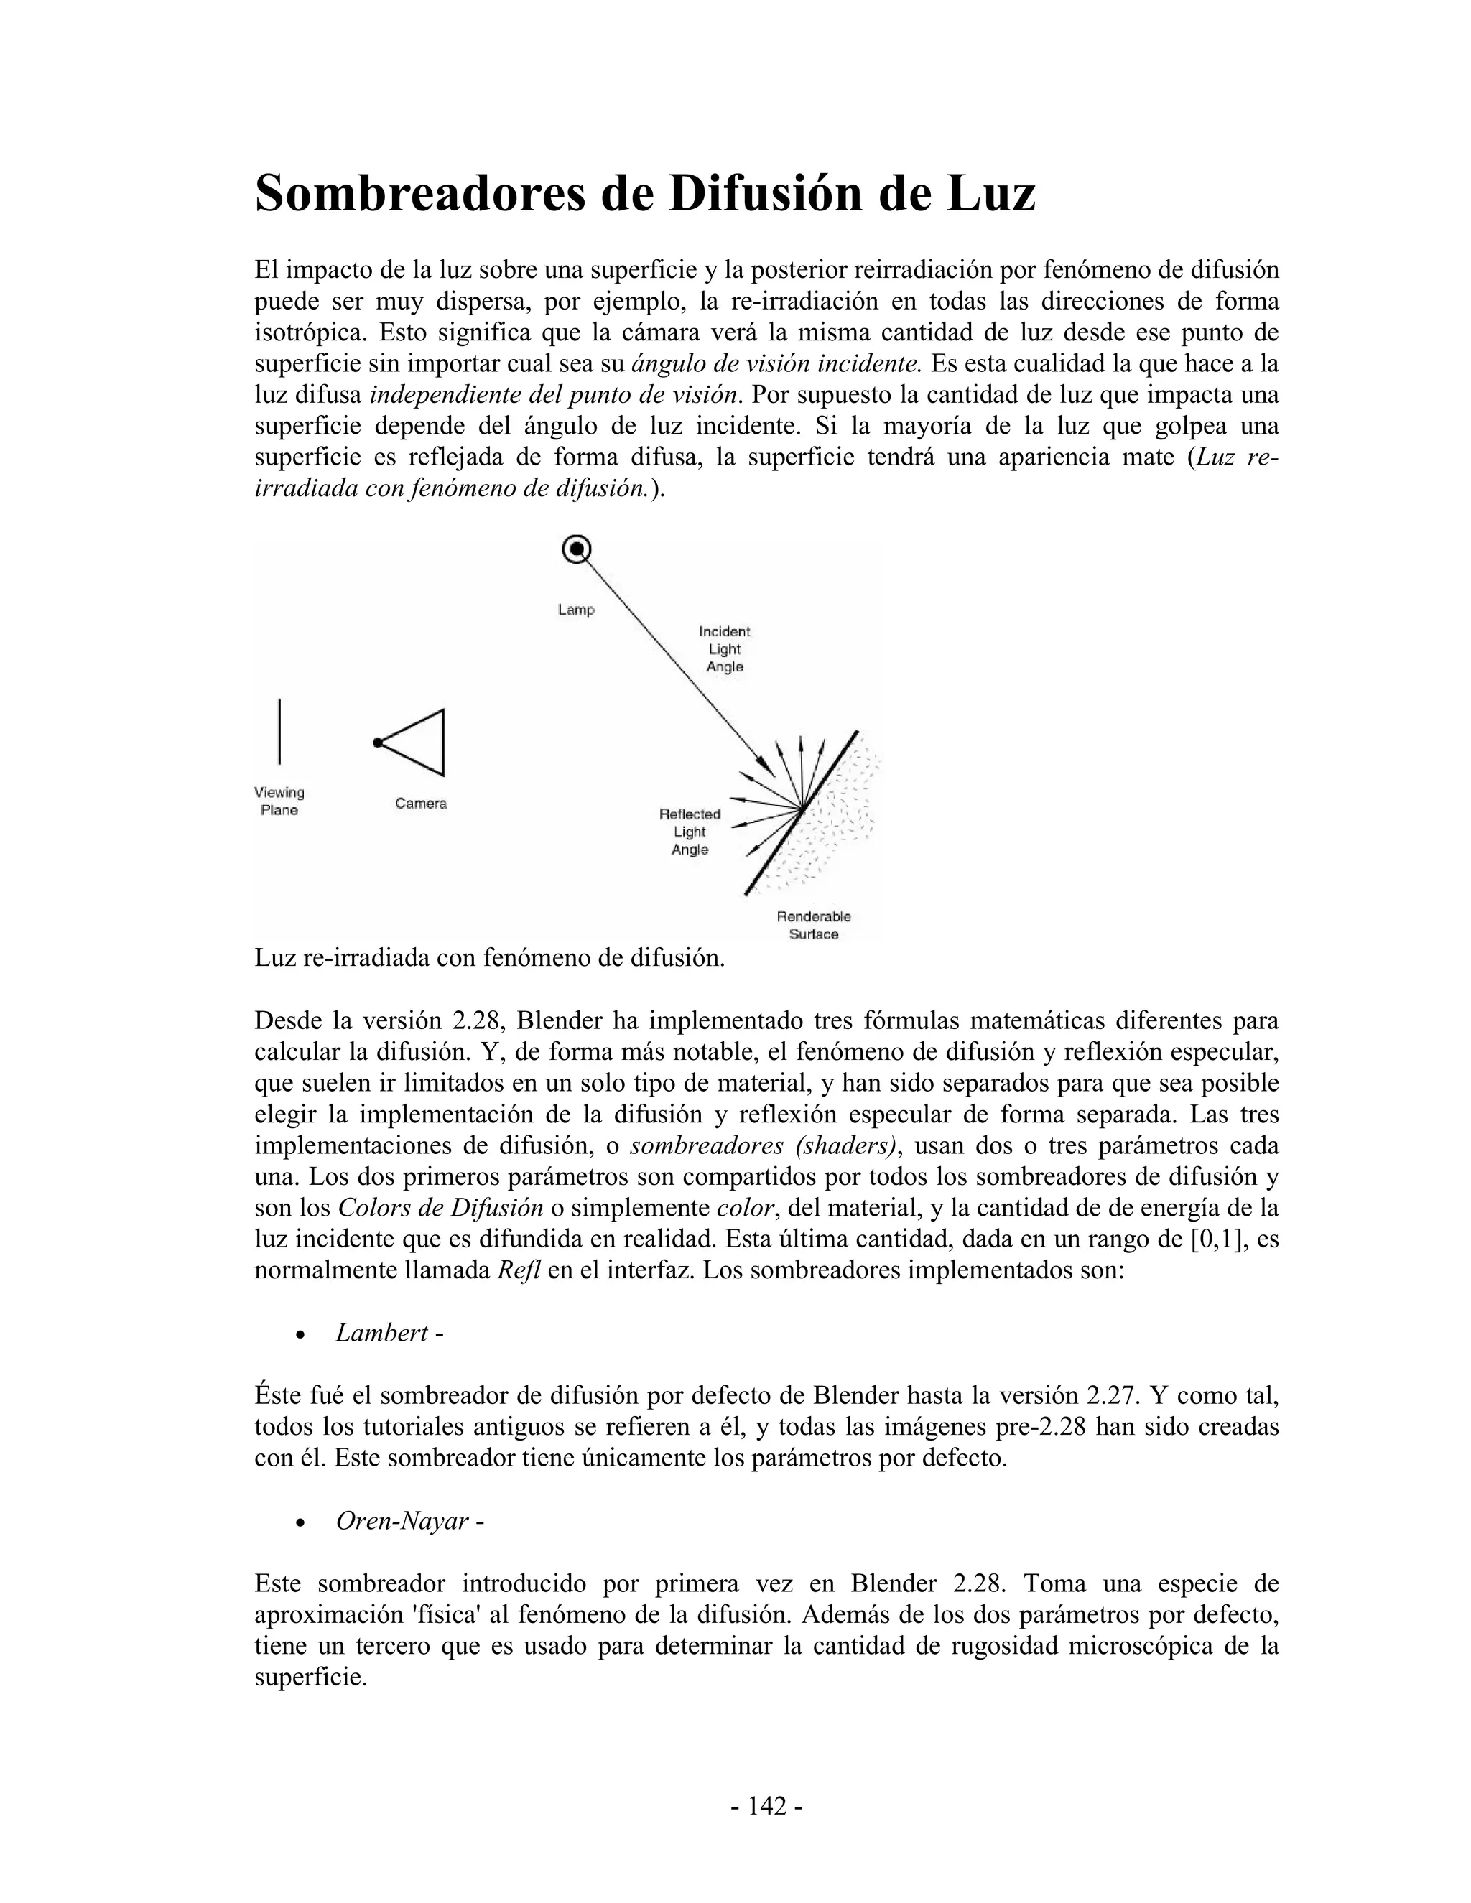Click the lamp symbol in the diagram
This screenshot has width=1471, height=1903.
pos(576,550)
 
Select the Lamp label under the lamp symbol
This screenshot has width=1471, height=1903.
pos(576,610)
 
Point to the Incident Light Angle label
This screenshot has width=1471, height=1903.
pos(724,649)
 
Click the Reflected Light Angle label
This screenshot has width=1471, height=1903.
pos(690,832)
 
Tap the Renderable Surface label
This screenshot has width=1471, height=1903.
pos(813,926)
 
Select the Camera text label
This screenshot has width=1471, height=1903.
pos(421,804)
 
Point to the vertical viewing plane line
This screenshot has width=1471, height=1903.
pos(279,732)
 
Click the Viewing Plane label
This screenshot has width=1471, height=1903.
pos(279,801)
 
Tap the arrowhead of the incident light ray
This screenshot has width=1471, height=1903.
pos(767,768)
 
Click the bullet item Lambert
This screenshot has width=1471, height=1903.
pos(381,1333)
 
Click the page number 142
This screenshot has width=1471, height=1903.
pos(766,1806)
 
